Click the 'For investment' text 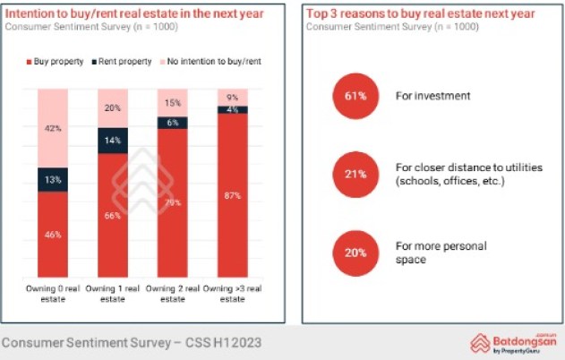pos(432,95)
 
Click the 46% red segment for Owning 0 pos(53,235)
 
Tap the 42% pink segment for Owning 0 pos(53,128)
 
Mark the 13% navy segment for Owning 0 pos(53,179)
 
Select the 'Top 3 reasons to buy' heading pos(420,13)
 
